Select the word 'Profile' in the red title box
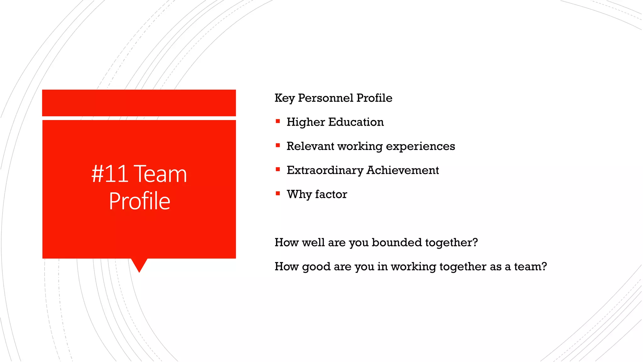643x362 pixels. pyautogui.click(x=139, y=201)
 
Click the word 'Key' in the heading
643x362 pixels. pyautogui.click(x=284, y=98)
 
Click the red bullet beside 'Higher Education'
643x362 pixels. pyautogui.click(x=278, y=121)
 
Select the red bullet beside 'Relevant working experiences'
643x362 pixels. pyautogui.click(x=278, y=145)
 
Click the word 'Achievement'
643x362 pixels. pyautogui.click(x=403, y=170)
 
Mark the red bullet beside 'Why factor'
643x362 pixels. pyautogui.click(x=278, y=193)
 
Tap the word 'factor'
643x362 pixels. pyautogui.click(x=331, y=194)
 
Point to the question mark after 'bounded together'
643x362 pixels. pyautogui.click(x=475, y=242)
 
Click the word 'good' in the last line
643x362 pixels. pyautogui.click(x=316, y=267)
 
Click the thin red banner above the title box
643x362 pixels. pyautogui.click(x=139, y=103)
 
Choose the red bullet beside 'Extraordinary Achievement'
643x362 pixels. pyautogui.click(x=278, y=169)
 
